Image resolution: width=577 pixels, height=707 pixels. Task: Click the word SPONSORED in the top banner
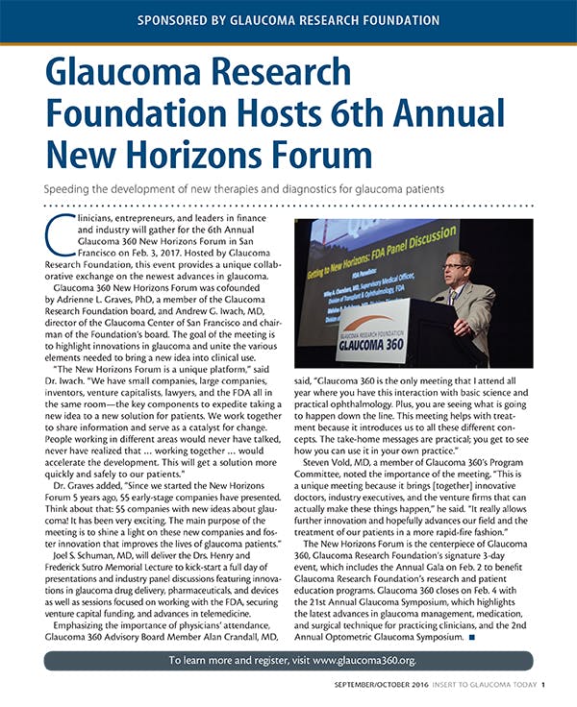[x=180, y=19]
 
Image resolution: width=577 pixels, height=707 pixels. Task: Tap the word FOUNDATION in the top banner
[x=423, y=19]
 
